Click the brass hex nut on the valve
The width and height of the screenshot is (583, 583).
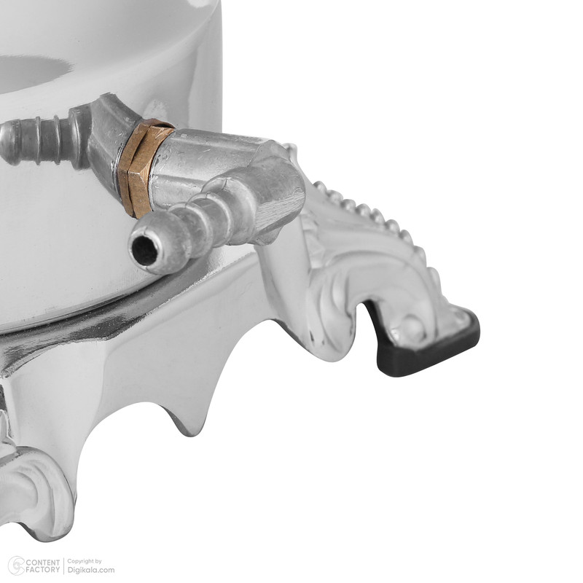[x=145, y=168]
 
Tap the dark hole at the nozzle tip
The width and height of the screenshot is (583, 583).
[x=144, y=251]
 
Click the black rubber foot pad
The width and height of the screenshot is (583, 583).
[x=428, y=344]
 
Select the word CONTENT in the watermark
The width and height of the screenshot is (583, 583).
[x=43, y=562]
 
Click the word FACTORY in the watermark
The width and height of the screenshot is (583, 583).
[x=43, y=570]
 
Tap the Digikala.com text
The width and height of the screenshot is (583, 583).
[x=90, y=570]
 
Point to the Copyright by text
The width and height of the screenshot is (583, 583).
[x=85, y=561]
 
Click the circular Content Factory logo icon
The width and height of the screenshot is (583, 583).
[x=16, y=566]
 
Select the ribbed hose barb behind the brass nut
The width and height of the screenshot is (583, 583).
[x=41, y=140]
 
